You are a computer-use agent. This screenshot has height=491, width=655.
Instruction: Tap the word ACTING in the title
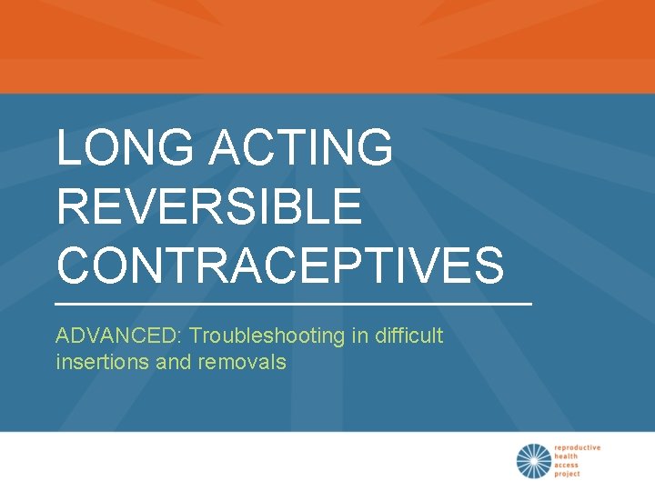click(302, 148)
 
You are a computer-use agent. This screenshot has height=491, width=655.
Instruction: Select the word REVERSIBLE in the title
click(209, 206)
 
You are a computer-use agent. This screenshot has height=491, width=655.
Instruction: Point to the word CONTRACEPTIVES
click(280, 265)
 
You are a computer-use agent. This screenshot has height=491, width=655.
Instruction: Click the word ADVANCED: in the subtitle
click(119, 336)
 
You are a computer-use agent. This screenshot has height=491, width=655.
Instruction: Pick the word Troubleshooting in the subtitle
click(267, 336)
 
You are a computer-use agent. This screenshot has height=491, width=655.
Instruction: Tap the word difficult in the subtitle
click(408, 336)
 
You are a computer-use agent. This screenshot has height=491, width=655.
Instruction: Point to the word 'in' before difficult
click(358, 336)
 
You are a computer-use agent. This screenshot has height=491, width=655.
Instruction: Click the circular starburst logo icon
click(534, 461)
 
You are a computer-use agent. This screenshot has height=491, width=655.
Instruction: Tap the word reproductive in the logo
click(578, 447)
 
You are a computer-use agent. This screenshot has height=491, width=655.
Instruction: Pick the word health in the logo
click(567, 456)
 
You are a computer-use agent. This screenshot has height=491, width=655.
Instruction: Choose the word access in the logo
click(568, 466)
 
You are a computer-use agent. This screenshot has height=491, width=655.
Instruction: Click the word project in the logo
click(569, 475)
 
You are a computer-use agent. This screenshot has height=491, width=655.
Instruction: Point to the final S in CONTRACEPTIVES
click(488, 265)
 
